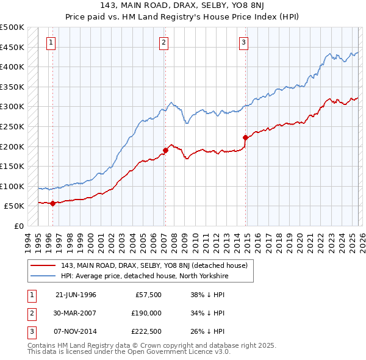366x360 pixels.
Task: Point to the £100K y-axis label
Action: pyautogui.click(x=12, y=186)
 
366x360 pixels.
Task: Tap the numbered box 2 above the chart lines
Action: pyautogui.click(x=164, y=42)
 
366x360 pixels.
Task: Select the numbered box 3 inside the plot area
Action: pyautogui.click(x=243, y=42)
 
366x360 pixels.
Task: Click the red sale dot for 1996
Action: pyautogui.click(x=52, y=203)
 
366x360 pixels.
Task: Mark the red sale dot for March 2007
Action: pyautogui.click(x=165, y=150)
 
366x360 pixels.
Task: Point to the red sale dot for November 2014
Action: pyautogui.click(x=245, y=137)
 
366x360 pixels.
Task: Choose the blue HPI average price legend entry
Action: pyautogui.click(x=144, y=276)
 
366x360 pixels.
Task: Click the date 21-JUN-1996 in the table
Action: pyautogui.click(x=76, y=295)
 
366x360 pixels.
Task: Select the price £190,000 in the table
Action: pyautogui.click(x=146, y=313)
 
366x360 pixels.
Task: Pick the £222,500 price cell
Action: pyautogui.click(x=146, y=331)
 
